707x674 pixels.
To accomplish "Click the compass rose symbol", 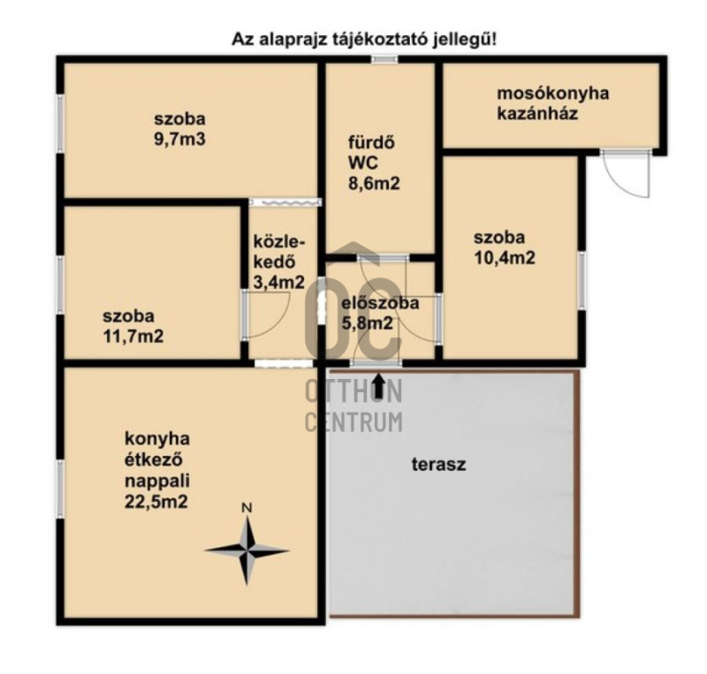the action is [x=247, y=550].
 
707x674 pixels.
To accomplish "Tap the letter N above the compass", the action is [x=247, y=508].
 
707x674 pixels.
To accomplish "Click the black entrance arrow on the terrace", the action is [x=379, y=386].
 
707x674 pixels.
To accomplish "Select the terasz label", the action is [x=438, y=464].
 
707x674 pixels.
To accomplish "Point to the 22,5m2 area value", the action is [x=156, y=502].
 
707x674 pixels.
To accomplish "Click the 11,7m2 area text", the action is [x=133, y=337].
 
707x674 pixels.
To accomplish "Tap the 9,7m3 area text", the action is [x=180, y=139].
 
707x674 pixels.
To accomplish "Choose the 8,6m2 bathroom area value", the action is [x=374, y=184].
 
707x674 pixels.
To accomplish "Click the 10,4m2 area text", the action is [x=505, y=258].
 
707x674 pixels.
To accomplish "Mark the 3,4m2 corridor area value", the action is [x=279, y=283].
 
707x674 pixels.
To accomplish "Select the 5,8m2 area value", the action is [x=368, y=323].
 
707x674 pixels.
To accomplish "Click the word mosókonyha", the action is [x=553, y=94].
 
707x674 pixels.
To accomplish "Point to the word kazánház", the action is [x=537, y=113].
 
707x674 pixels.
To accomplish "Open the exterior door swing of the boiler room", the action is [x=627, y=174].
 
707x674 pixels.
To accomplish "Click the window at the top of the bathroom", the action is [x=384, y=58].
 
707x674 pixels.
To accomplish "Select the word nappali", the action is [x=157, y=481].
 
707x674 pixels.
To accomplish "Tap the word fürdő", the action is [x=371, y=142].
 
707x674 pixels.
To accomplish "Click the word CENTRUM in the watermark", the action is [x=354, y=422].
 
